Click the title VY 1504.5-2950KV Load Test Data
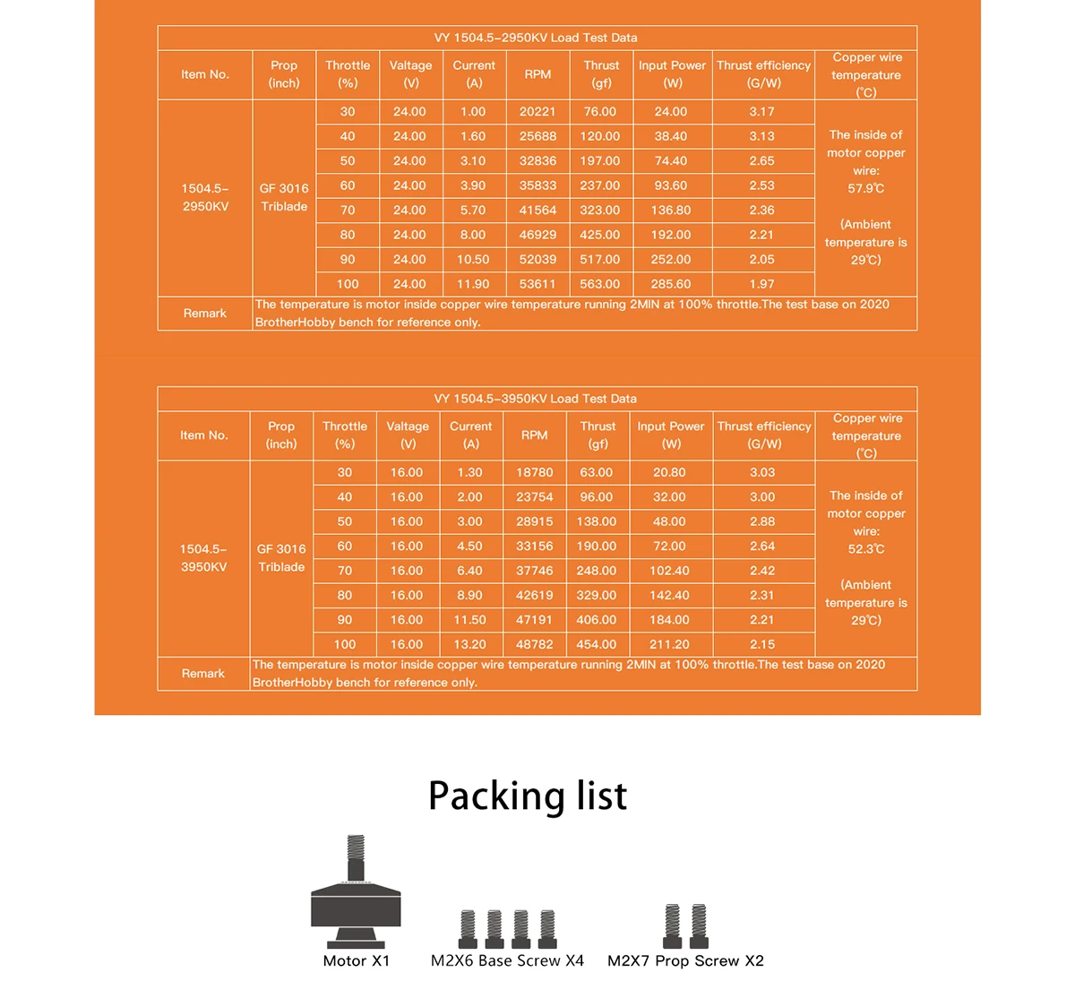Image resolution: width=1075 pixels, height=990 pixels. pyautogui.click(x=536, y=38)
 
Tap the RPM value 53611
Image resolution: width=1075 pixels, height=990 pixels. pyautogui.click(x=537, y=284)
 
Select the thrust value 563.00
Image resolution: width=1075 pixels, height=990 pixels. pyautogui.click(x=599, y=284)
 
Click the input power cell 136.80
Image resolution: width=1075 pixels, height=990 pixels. pyautogui.click(x=671, y=211)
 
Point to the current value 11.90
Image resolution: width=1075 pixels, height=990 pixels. pyautogui.click(x=473, y=284)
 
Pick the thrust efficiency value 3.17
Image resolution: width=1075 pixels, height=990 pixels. pyautogui.click(x=762, y=112)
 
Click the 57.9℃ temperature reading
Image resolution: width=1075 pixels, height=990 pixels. pyautogui.click(x=866, y=189)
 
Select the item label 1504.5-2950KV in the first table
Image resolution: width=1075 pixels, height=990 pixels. pyautogui.click(x=205, y=197)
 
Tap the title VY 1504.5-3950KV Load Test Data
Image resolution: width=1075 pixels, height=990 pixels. pyautogui.click(x=535, y=399)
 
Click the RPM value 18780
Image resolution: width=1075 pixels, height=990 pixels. pyautogui.click(x=534, y=472)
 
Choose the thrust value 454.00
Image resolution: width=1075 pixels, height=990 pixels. pyautogui.click(x=597, y=644)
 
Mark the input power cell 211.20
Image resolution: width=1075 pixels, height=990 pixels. pyautogui.click(x=669, y=644)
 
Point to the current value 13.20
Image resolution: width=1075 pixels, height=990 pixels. pyautogui.click(x=469, y=644)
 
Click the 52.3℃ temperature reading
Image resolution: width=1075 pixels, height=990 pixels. pyautogui.click(x=866, y=549)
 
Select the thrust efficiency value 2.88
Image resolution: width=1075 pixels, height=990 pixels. pyautogui.click(x=762, y=521)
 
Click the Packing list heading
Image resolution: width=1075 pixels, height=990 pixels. pyautogui.click(x=528, y=796)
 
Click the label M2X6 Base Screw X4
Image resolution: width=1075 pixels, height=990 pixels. pyautogui.click(x=507, y=960)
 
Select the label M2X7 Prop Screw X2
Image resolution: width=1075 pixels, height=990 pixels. pyautogui.click(x=685, y=960)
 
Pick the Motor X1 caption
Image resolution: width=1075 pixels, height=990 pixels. pyautogui.click(x=357, y=960)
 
